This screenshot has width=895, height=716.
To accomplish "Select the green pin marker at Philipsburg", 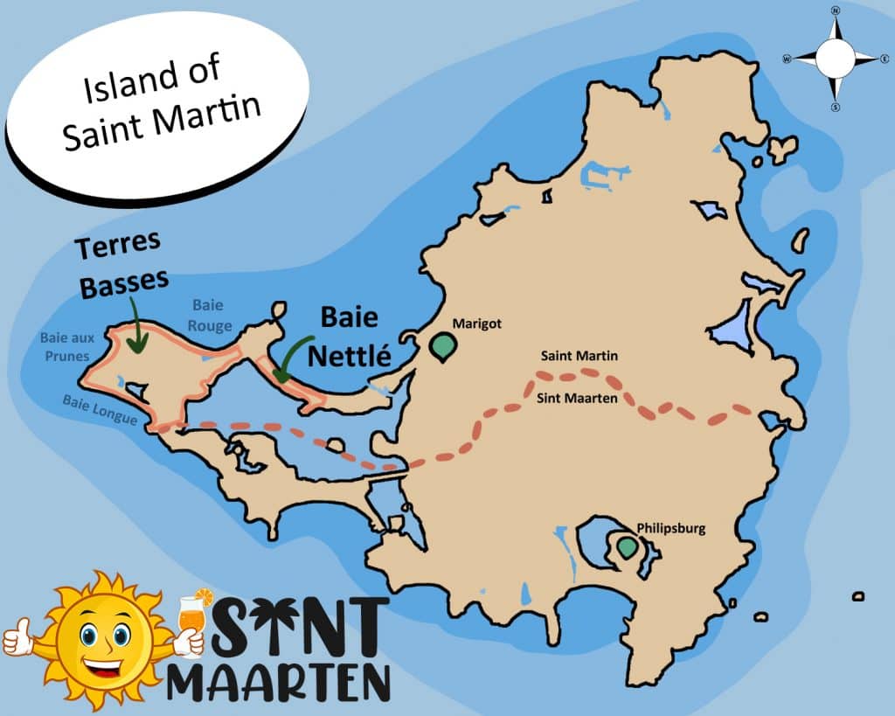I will [626, 547].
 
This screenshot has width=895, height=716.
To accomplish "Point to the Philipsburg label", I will [670, 528].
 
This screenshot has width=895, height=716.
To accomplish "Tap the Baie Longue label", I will [99, 409].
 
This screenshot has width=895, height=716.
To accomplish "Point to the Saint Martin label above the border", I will [579, 356].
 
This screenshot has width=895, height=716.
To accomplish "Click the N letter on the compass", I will [835, 11].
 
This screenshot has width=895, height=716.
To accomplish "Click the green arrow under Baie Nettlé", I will [292, 359].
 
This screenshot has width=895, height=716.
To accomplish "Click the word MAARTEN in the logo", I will [279, 681].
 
